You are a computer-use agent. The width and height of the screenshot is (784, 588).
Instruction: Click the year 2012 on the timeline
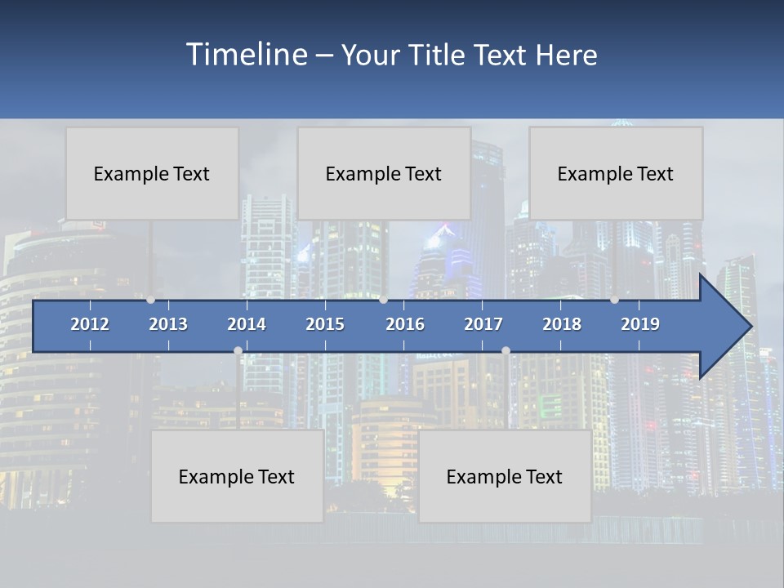90,324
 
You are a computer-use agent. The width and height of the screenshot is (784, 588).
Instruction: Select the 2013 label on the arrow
168,324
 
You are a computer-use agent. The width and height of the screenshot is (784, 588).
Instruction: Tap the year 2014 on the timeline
247,324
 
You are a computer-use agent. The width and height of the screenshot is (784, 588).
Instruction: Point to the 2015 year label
325,324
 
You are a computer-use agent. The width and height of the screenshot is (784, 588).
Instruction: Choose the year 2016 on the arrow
405,324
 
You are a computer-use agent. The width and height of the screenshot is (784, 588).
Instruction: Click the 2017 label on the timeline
483,324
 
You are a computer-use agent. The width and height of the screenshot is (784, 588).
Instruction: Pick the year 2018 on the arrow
562,324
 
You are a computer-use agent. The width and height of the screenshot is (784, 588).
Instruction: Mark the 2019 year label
640,324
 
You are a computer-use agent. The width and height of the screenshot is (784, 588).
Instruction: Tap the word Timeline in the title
246,55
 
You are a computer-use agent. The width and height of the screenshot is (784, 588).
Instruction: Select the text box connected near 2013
152,173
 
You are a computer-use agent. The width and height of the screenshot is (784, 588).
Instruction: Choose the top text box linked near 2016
384,173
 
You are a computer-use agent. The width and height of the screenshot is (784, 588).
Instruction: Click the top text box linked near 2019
616,173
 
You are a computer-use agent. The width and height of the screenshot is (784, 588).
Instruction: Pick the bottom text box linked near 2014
237,476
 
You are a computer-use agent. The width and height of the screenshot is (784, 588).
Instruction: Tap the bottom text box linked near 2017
505,476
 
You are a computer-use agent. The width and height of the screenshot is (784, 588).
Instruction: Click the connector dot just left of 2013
151,300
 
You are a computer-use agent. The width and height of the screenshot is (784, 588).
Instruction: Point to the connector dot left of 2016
384,300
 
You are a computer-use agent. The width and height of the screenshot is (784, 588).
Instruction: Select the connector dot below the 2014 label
238,351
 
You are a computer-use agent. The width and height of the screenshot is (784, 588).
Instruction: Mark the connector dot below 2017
506,351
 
